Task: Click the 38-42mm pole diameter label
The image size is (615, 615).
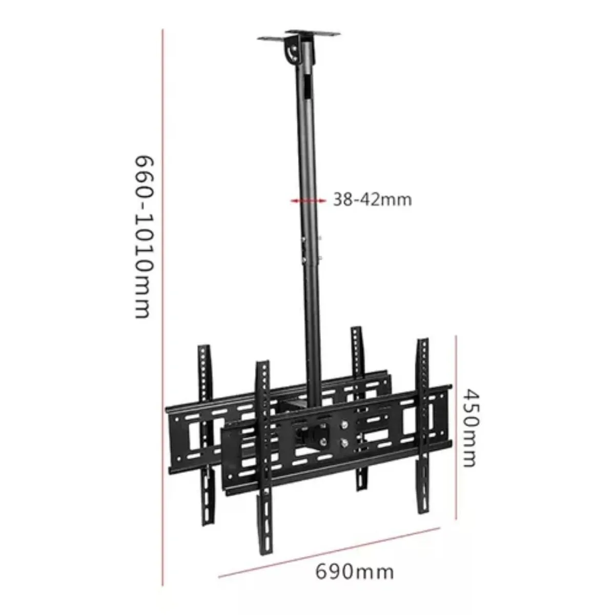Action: coord(373,199)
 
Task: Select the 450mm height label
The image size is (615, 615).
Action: coord(470,427)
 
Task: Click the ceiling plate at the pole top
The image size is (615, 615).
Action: coord(300,37)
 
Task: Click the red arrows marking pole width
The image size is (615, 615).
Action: coord(307,200)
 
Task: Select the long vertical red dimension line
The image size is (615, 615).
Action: coord(162,307)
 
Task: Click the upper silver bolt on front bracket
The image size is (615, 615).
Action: coord(344,425)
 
